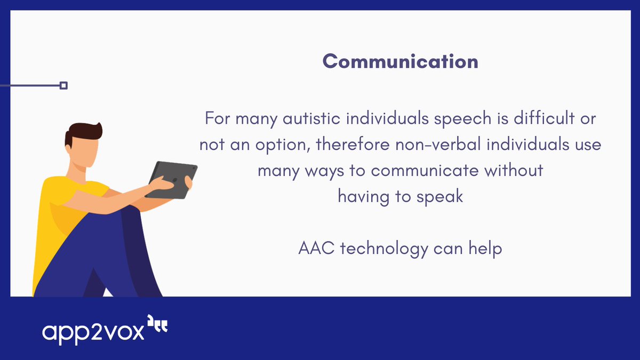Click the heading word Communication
click(401, 61)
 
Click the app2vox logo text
click(93, 331)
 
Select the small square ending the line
click(63, 85)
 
